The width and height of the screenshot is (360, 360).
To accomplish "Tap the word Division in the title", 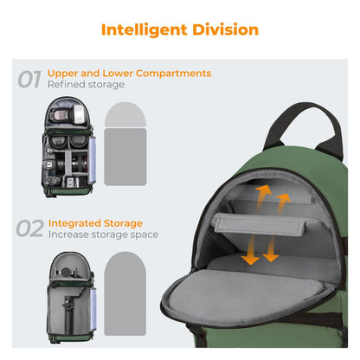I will (222, 29).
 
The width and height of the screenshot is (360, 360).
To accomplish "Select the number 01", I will (29, 80).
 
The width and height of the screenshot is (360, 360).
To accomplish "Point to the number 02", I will (29, 228).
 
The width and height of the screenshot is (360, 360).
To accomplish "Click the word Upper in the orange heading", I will (62, 74).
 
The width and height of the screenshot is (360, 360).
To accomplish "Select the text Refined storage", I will (87, 86).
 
